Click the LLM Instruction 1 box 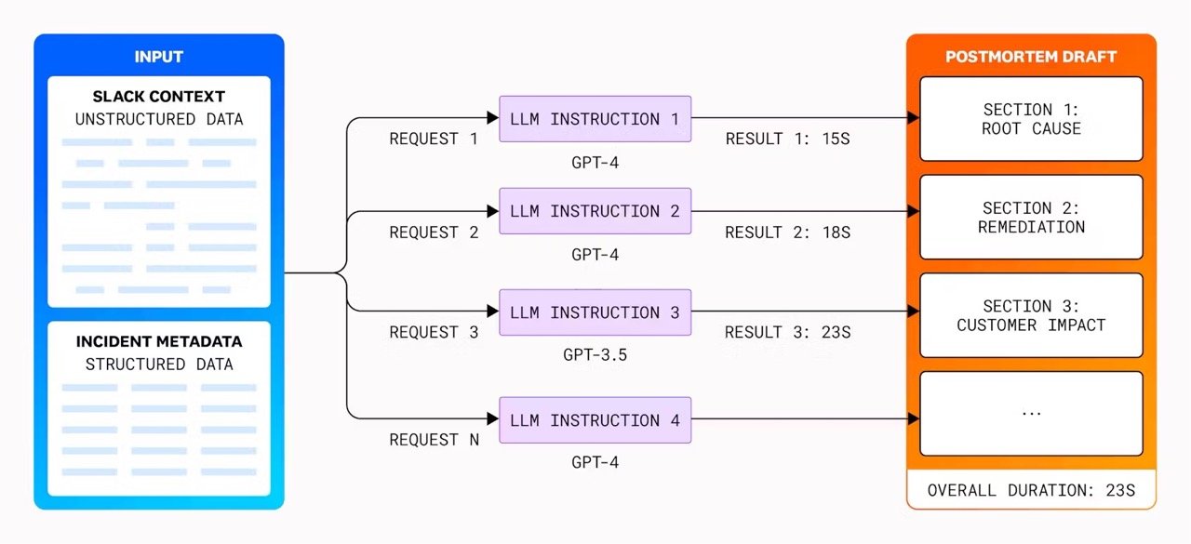[595, 119]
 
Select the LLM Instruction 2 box [595, 212]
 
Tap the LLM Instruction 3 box [595, 312]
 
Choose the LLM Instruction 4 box [595, 420]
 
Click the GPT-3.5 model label [595, 354]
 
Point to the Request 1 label [434, 139]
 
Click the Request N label [434, 440]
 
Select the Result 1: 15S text [787, 139]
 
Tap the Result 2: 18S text [787, 232]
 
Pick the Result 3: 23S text [787, 332]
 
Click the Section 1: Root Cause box [1031, 119]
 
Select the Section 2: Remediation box [1031, 218]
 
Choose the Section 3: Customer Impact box [1031, 315]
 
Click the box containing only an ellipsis [1031, 414]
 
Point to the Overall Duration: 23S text [1031, 490]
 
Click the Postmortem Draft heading [1031, 57]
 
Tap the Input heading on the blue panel [159, 57]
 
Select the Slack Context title [159, 97]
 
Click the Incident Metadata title [159, 342]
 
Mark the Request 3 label [434, 332]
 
